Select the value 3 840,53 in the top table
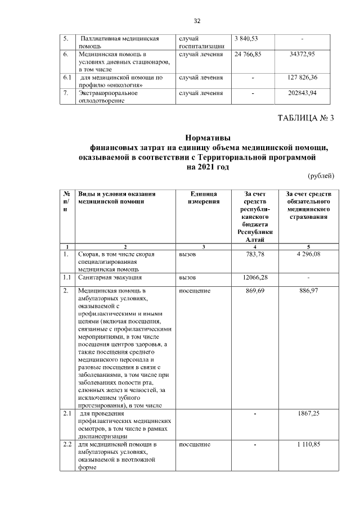tap(246, 38)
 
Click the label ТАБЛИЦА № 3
tap(306, 118)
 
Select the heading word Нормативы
tap(208, 138)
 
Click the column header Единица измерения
tap(204, 197)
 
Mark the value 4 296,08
tap(308, 254)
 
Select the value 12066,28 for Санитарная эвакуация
tap(255, 277)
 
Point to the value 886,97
tap(308, 291)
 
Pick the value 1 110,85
tap(308, 445)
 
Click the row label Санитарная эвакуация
tap(110, 277)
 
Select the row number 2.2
tap(67, 445)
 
